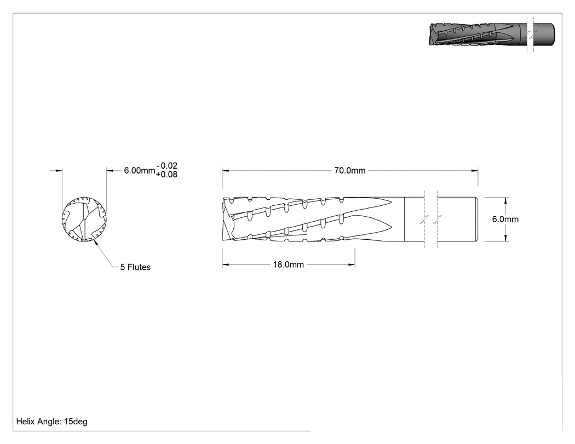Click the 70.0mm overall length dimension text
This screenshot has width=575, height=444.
349,170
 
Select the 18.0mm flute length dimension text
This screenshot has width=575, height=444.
288,265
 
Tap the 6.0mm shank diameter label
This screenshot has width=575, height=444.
505,219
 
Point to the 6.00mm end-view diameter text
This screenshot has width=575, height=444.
139,170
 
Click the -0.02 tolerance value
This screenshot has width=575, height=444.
167,166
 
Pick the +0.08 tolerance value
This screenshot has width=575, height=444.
166,175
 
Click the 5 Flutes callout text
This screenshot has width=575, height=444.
135,267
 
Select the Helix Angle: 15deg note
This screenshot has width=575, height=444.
51,422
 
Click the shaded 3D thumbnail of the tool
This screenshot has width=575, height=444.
492,35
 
